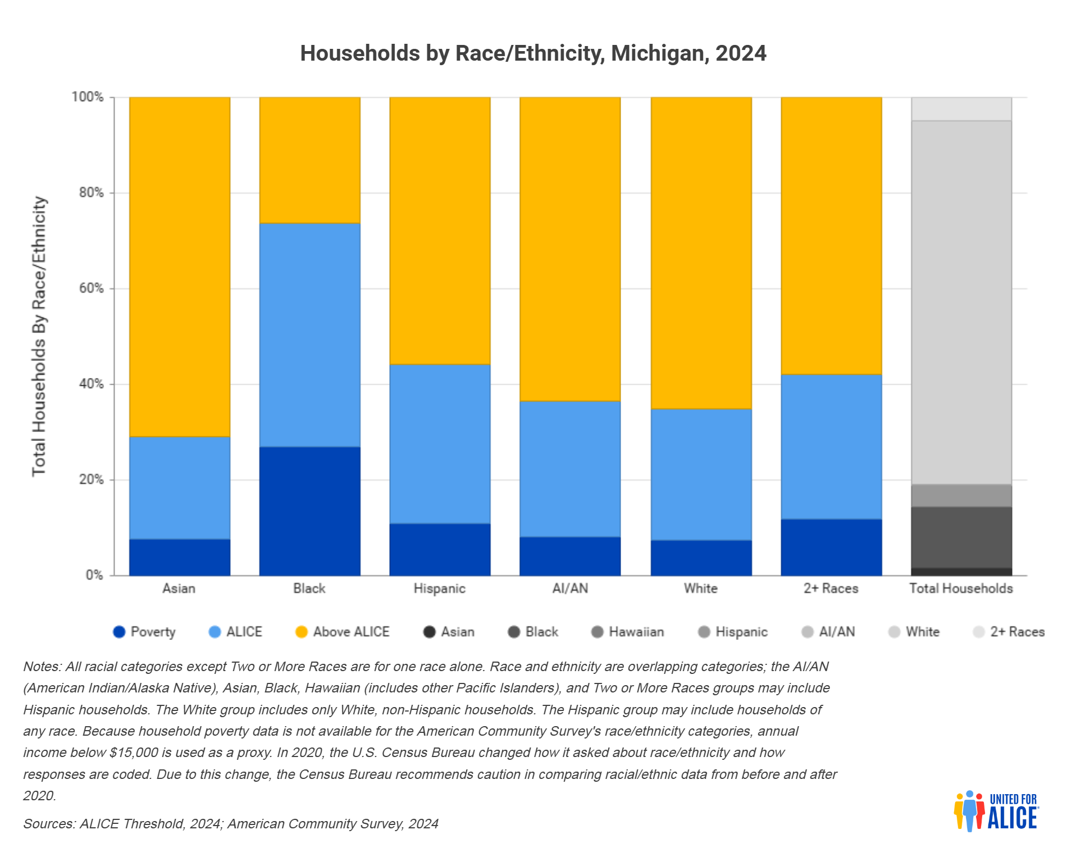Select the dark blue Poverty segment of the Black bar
(309, 511)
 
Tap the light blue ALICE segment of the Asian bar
(180, 488)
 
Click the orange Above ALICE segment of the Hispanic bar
(440, 231)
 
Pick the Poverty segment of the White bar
(701, 558)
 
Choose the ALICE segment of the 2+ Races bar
(831, 447)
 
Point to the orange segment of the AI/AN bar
(570, 249)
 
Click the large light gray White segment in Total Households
(961, 303)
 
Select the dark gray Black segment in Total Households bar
(961, 537)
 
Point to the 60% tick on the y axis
(92, 288)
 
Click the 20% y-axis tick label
(92, 480)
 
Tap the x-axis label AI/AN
(570, 588)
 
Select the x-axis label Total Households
(961, 588)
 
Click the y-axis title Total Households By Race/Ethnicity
(39, 336)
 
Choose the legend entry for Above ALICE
(343, 632)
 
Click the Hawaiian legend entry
(628, 632)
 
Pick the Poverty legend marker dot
(119, 632)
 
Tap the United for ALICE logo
(996, 811)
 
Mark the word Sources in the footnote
(49, 824)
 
